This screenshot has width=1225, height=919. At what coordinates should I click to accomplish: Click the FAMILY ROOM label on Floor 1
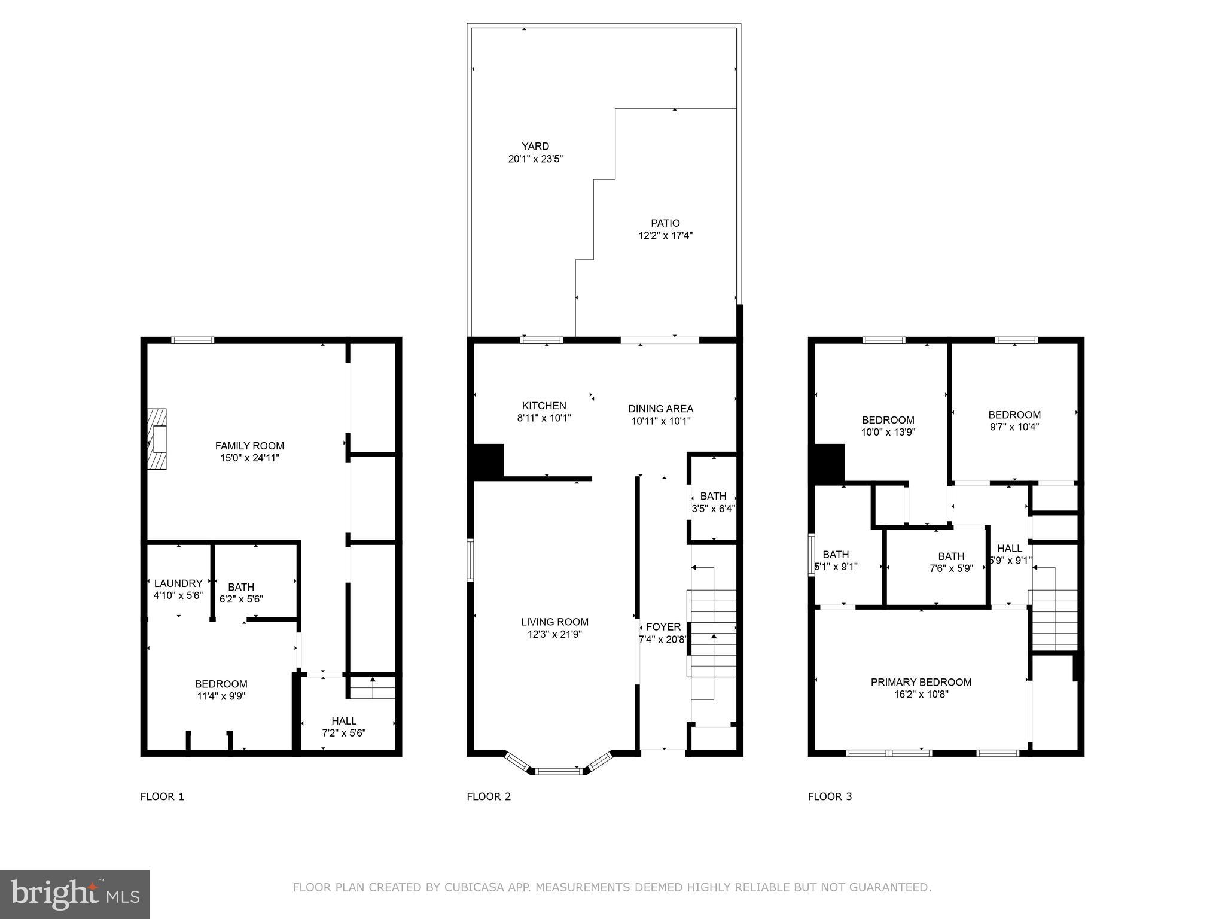coord(249,446)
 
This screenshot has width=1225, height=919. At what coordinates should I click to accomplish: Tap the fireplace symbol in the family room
coord(158,439)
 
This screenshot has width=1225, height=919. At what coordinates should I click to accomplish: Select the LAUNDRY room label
coord(178,583)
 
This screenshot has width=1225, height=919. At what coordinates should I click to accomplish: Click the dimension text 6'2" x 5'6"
coord(241,598)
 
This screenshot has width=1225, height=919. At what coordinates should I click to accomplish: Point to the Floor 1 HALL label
coord(344,721)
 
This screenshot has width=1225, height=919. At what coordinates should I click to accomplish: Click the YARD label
coord(535,146)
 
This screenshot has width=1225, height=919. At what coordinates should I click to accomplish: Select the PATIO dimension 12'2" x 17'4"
coord(666,236)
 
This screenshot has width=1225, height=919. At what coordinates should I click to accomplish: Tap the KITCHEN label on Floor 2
coord(544,406)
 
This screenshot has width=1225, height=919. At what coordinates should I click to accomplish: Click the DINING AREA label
coord(660,409)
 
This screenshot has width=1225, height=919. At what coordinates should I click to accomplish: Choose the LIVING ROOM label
coord(554,622)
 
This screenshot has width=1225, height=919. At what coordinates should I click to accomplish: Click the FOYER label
coord(663,626)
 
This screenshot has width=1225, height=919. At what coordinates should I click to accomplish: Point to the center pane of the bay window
coord(558,771)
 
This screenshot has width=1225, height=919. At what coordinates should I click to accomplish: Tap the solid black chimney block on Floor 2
coord(488,461)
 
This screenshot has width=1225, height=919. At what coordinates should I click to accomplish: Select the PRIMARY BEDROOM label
coord(921,682)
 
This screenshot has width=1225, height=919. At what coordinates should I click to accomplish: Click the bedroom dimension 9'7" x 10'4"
coord(1014,427)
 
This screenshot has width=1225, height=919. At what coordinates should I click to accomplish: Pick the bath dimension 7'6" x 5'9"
coord(951,568)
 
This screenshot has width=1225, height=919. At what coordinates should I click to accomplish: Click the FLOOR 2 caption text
coord(489,796)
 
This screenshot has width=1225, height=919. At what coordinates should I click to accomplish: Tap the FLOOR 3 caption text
coord(830,796)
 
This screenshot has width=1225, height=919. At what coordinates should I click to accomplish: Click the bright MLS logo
coord(75,894)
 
